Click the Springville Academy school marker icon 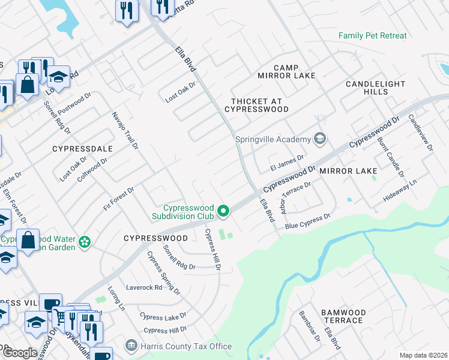coord(320,139)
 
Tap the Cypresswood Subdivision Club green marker coord(223,210)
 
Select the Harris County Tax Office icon coord(131,346)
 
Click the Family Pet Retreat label coord(372,35)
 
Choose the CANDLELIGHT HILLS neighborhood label coord(375,88)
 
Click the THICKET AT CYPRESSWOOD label coord(256,105)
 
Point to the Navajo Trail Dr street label coord(125,130)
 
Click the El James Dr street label coord(288,161)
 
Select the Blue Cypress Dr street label coord(308,221)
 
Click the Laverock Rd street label coord(144,287)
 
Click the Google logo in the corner coord(20,353)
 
